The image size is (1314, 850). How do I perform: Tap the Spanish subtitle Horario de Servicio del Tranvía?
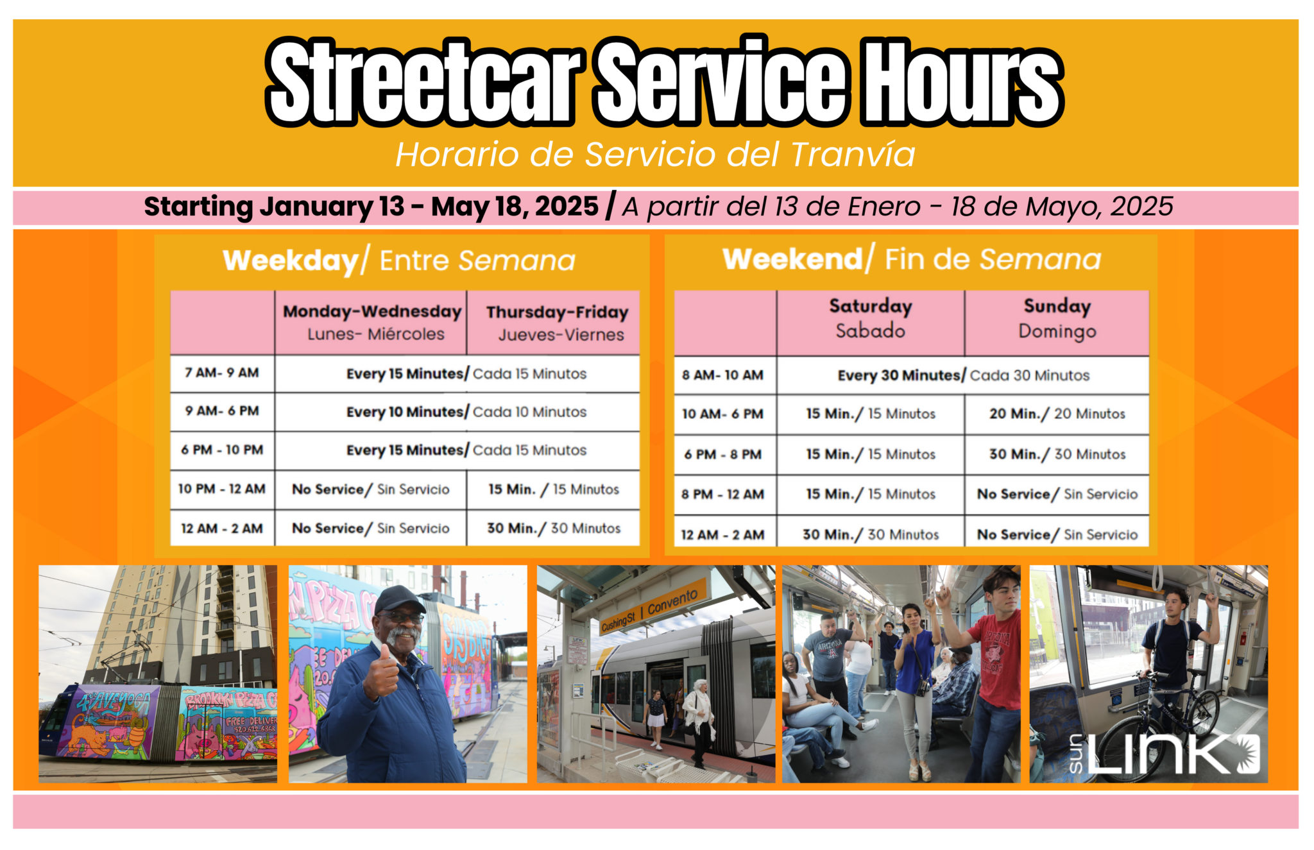click(655, 155)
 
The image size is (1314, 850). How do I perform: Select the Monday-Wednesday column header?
click(372, 322)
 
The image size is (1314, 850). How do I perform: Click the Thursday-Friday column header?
click(557, 323)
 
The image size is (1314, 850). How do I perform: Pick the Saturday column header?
click(870, 318)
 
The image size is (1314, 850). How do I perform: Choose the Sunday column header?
click(1057, 318)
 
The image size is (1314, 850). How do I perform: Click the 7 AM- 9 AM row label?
click(222, 373)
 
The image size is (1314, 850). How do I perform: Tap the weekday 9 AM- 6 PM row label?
click(222, 411)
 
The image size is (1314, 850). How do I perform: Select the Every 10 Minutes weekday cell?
click(466, 412)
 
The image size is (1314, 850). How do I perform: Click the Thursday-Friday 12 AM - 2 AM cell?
click(554, 529)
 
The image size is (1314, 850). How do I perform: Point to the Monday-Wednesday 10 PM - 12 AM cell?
click(371, 489)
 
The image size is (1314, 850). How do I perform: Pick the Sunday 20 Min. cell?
click(1057, 414)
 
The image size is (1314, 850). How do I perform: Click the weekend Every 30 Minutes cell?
click(963, 375)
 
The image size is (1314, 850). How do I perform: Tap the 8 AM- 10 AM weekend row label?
click(722, 375)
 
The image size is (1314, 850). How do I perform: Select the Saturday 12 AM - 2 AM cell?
click(870, 534)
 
